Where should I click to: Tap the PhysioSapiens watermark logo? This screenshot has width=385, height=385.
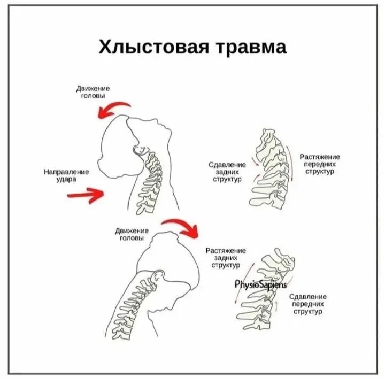pyautogui.click(x=261, y=284)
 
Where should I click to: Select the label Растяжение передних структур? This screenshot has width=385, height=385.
pyautogui.click(x=320, y=164)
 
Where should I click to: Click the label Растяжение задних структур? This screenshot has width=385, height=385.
pyautogui.click(x=226, y=258)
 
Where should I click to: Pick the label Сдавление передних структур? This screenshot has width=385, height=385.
pyautogui.click(x=308, y=304)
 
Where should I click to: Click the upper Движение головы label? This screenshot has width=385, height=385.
pyautogui.click(x=93, y=91)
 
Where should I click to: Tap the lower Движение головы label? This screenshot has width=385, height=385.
pyautogui.click(x=131, y=234)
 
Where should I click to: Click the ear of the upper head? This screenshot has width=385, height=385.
pyautogui.click(x=141, y=150)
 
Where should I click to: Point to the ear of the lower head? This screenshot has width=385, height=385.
pyautogui.click(x=158, y=278)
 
